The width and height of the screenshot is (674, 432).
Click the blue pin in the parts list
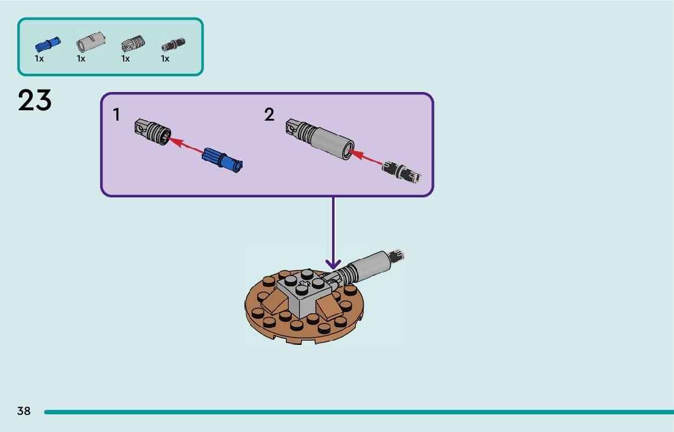click(x=47, y=44)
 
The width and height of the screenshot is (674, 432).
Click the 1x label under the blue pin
click(x=39, y=59)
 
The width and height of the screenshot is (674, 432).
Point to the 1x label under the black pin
click(x=165, y=59)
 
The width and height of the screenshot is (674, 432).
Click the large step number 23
click(x=35, y=101)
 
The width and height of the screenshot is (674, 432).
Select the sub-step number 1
click(x=116, y=115)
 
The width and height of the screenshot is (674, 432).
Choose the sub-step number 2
click(x=269, y=115)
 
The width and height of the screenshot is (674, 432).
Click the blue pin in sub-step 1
click(x=222, y=159)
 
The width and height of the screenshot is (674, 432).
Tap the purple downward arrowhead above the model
click(x=333, y=264)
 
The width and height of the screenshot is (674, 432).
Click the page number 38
click(x=24, y=411)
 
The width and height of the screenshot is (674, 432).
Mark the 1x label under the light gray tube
click(x=81, y=59)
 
